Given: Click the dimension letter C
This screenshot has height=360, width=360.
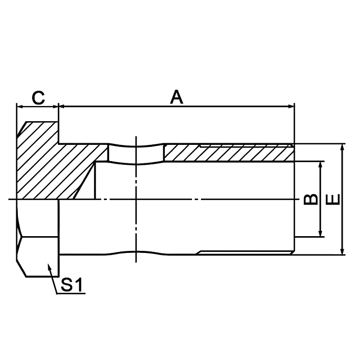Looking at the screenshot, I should tap(38, 97).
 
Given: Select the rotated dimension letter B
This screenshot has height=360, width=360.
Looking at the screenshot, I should tap(311, 199).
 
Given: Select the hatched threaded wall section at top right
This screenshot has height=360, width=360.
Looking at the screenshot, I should tap(226, 153).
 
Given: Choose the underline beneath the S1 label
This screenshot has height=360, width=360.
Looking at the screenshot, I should tap(71, 293).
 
